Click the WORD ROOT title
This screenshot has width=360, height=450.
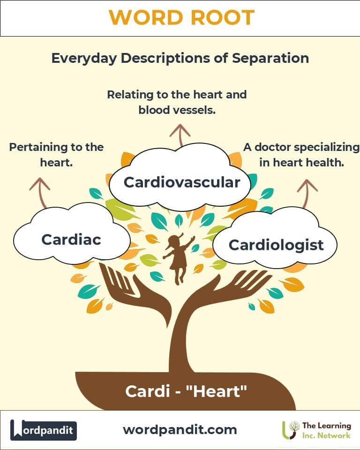182,17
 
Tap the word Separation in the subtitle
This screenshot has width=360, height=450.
270,58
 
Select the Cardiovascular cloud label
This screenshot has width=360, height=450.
182,182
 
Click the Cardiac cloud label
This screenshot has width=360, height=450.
71,240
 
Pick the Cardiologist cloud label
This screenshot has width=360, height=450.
276,245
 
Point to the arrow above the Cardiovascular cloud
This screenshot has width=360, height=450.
180,135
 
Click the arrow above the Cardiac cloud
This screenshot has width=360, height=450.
41,192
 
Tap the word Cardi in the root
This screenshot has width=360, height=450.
147,391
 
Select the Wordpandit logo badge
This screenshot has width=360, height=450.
43,430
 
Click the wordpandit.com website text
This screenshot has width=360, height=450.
180,430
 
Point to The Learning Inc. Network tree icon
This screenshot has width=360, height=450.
291,430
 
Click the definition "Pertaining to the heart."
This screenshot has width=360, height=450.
56,155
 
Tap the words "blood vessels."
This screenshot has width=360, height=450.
177,110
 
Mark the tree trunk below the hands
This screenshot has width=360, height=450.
180,345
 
